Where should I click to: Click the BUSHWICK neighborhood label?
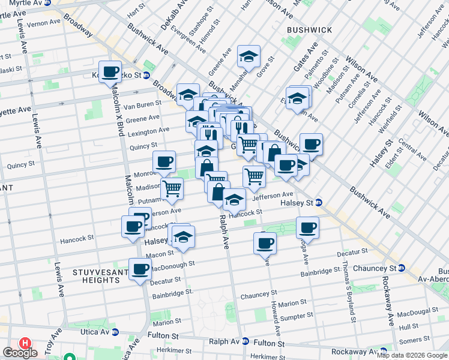coord(310,29)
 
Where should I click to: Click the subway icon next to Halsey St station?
coord(319,202)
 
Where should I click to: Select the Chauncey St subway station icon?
coord(401,268)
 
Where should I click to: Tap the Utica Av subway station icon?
coord(116,332)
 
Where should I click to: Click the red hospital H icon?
coord(25,343)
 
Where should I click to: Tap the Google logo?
coord(20,353)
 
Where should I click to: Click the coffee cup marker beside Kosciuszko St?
coord(110,72)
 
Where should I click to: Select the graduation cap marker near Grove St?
coord(249,56)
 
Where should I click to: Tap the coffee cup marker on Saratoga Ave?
coord(307,227)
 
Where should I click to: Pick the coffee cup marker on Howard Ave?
coord(265,244)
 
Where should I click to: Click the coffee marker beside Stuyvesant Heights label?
coord(140,269)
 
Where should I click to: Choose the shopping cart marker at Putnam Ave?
coord(172,188)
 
